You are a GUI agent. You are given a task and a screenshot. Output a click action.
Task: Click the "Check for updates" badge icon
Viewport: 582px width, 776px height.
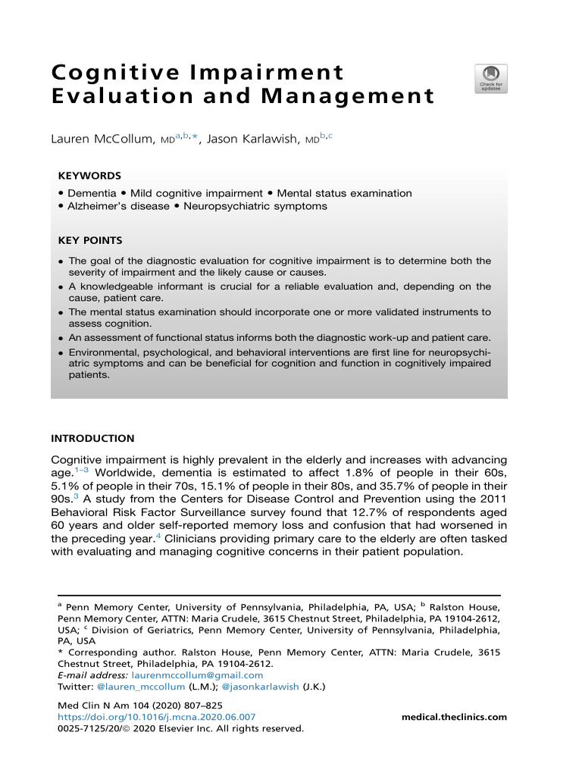[492, 78]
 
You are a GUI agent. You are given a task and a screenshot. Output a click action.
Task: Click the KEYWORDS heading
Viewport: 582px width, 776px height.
[89, 176]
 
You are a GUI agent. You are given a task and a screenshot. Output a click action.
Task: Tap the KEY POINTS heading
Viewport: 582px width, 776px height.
[90, 241]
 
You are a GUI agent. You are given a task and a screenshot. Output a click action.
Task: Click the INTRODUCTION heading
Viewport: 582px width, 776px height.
[92, 439]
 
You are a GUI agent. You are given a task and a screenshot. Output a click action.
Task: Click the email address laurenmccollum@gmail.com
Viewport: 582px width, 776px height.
[197, 675]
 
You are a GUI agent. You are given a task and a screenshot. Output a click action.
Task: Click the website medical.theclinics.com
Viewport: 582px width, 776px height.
[454, 717]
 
